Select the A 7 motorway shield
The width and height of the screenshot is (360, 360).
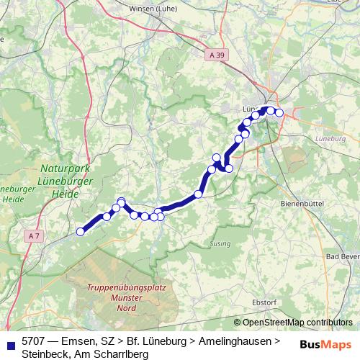click(x=35, y=235)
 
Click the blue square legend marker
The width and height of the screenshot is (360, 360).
click(x=10, y=342)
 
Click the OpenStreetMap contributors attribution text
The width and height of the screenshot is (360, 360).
click(x=297, y=322)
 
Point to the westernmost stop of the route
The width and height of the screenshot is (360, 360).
click(x=81, y=231)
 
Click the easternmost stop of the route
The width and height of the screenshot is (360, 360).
click(x=279, y=112)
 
